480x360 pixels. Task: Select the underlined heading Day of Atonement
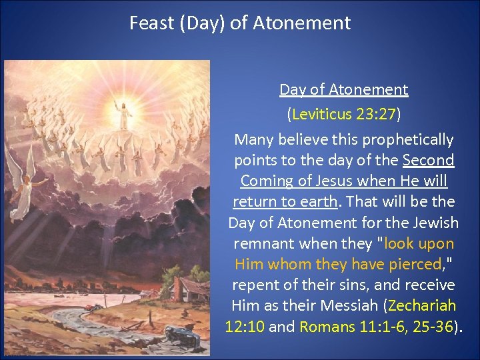[x=343, y=89]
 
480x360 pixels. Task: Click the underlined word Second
[x=429, y=161]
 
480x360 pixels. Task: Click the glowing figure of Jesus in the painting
[x=122, y=114]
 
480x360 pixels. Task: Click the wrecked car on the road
[x=179, y=340]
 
